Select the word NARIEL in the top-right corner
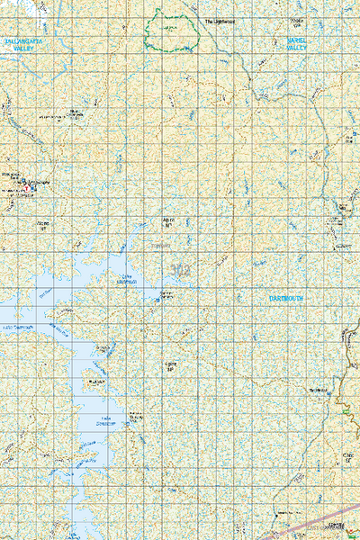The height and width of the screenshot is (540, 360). pos(297,41)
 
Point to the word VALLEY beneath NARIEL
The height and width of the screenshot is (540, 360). pos(297,50)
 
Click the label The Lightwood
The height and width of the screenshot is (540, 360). pos(219,21)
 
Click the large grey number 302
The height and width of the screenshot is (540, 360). pos(179,268)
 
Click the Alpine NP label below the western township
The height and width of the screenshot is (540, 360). pos(42,223)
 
